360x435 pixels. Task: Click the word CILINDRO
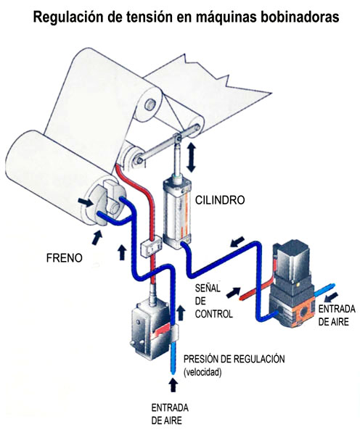(220, 200)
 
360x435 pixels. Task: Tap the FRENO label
(64, 258)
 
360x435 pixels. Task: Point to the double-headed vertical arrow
(191, 157)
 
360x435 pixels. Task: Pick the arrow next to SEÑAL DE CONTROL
(233, 292)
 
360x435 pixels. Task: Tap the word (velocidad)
(202, 372)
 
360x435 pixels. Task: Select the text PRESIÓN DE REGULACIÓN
(234, 359)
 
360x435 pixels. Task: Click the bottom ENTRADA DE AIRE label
(170, 414)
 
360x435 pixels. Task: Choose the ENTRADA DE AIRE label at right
(337, 315)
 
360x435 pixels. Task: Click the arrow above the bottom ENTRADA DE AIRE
(173, 385)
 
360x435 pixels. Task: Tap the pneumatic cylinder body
(178, 214)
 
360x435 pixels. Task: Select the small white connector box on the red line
(152, 245)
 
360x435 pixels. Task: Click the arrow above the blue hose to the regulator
(237, 241)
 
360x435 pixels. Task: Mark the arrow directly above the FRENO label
(97, 238)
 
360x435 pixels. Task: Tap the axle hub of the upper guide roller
(150, 104)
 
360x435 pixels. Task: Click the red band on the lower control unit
(161, 331)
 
